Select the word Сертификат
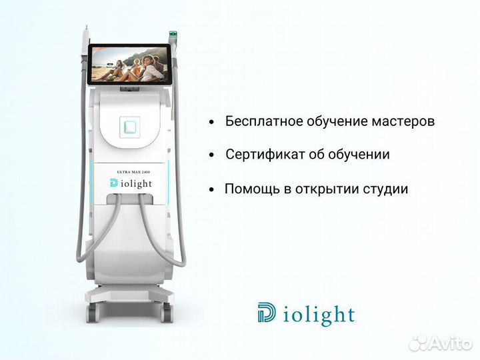pos(265,155)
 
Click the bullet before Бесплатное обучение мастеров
pos(211,123)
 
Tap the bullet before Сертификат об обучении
pos(211,155)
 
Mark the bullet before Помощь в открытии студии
pos(211,189)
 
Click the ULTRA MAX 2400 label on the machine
pos(134,172)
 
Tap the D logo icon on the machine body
pos(114,184)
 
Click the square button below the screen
pos(131,125)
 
